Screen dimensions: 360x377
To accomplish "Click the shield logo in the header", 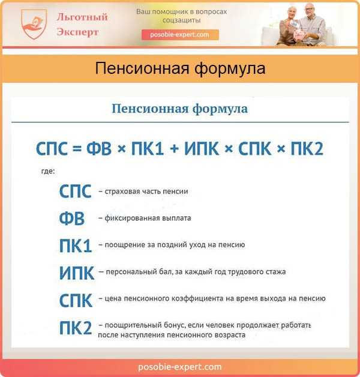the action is point(34,23).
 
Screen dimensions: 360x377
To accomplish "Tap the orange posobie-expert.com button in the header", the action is point(180,35).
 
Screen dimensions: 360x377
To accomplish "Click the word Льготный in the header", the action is point(82,17).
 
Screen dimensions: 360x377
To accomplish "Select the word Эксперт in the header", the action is point(77,32).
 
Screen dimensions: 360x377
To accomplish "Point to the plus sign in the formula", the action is point(174,149).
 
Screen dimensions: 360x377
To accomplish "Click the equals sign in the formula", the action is point(77,149).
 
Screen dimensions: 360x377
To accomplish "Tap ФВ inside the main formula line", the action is point(99,148).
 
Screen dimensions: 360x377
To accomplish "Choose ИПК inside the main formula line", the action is point(202,148).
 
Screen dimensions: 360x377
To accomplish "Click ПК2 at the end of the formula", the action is point(307,148).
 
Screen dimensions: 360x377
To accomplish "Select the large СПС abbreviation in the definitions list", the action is point(75,192).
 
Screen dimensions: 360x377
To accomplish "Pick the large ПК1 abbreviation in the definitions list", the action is point(76,246).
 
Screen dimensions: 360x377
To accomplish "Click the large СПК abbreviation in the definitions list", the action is point(76,300).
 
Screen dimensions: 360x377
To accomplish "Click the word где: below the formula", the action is point(48,171).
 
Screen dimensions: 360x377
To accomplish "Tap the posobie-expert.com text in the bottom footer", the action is point(180,367).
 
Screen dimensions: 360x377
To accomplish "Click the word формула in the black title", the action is point(230,68).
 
